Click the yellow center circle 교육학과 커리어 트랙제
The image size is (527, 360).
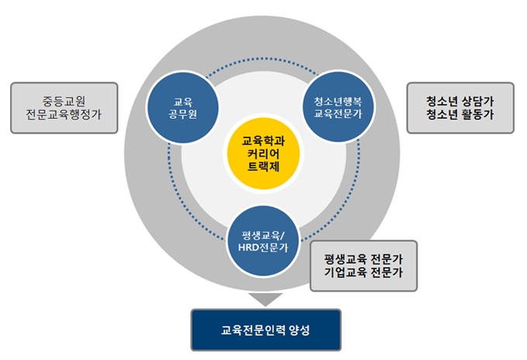click(x=263, y=154)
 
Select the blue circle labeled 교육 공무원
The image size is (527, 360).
click(x=183, y=108)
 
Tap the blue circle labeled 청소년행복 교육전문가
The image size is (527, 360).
click(x=338, y=107)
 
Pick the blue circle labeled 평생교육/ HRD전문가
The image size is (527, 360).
click(x=263, y=241)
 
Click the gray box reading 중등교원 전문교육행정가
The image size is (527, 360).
click(x=64, y=108)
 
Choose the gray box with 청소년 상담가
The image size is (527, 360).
click(x=460, y=108)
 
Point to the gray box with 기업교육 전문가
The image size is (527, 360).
click(x=363, y=265)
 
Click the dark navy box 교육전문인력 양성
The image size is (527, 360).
click(x=266, y=330)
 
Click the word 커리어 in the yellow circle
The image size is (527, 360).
click(x=264, y=154)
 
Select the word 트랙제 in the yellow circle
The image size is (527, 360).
click(x=264, y=167)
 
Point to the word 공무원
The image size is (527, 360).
click(x=183, y=114)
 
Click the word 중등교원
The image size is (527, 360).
click(x=64, y=101)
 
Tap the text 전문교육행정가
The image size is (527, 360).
click(x=64, y=115)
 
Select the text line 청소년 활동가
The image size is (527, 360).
click(x=460, y=115)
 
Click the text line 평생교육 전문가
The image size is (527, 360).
click(x=363, y=259)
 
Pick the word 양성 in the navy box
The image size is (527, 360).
click(x=299, y=330)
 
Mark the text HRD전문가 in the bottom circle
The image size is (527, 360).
click(x=263, y=247)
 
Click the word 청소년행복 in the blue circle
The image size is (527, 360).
click(x=338, y=101)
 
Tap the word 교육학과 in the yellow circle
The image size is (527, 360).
click(x=264, y=140)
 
